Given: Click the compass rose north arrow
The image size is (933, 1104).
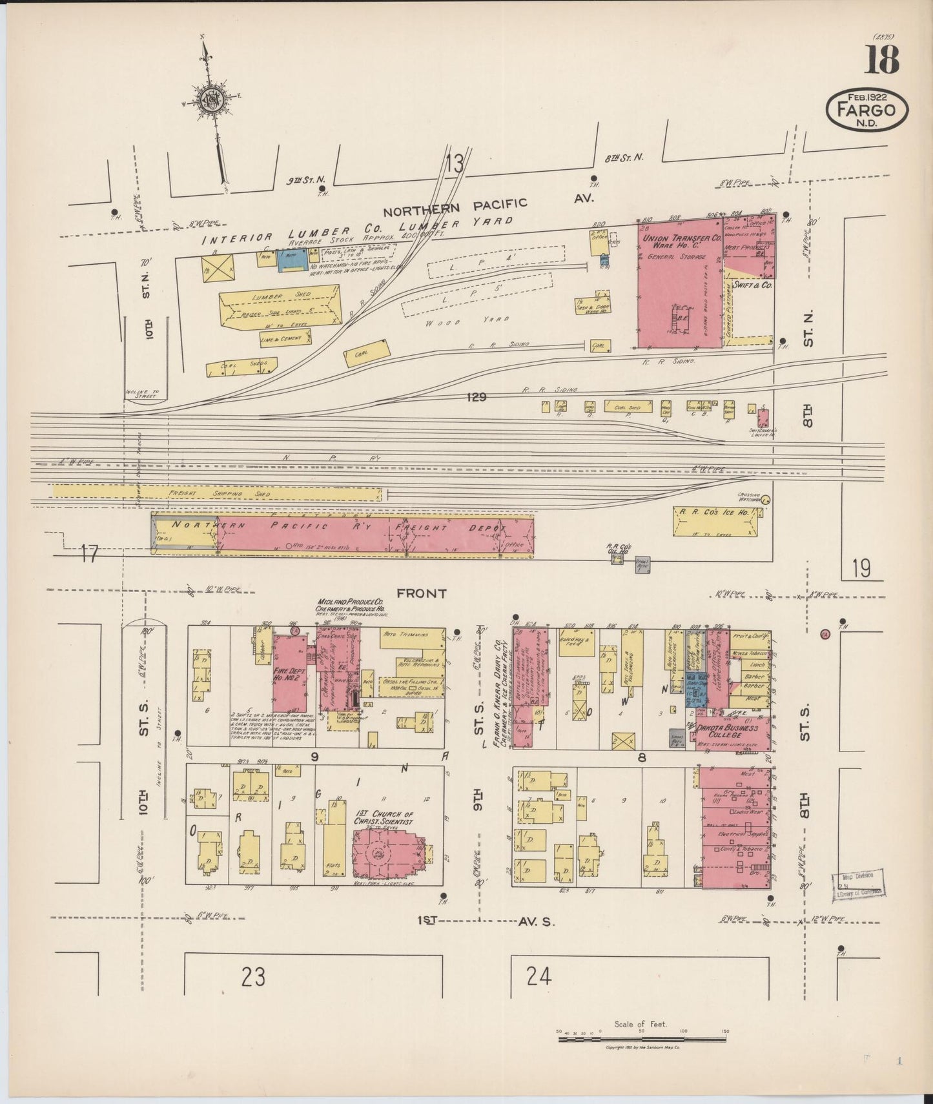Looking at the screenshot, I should pyautogui.click(x=211, y=100).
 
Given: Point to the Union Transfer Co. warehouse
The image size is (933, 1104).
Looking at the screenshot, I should pyautogui.click(x=680, y=284).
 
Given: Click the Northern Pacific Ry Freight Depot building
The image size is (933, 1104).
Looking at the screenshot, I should pyautogui.click(x=342, y=534).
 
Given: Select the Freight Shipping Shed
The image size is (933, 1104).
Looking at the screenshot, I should pyautogui.click(x=216, y=494).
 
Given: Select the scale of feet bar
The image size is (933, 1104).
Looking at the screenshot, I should pyautogui.click(x=642, y=1032).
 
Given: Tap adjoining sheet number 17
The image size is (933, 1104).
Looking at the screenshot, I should pyautogui.click(x=90, y=553).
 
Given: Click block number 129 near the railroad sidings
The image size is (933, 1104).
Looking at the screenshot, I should pyautogui.click(x=477, y=397).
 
